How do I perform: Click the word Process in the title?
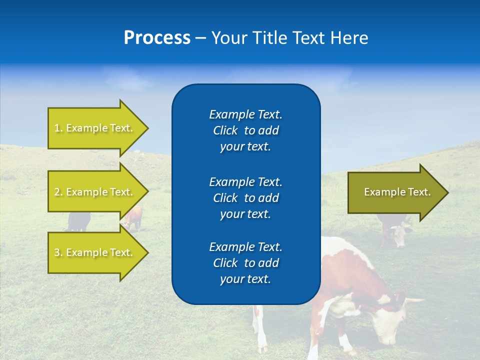pyautogui.click(x=157, y=38)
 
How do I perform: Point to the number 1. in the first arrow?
pyautogui.click(x=58, y=128)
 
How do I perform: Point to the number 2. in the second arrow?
pyautogui.click(x=58, y=192)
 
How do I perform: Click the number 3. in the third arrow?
pyautogui.click(x=58, y=252)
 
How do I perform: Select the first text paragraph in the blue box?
pyautogui.click(x=245, y=130)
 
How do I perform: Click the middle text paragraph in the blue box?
pyautogui.click(x=245, y=197)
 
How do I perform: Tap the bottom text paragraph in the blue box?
pyautogui.click(x=245, y=263)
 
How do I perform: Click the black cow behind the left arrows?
pyautogui.click(x=78, y=221)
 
